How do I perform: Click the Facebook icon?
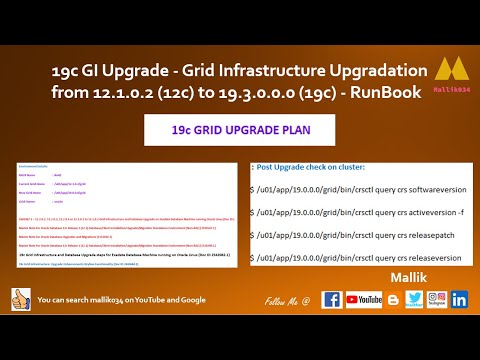pyautogui.click(x=331, y=299)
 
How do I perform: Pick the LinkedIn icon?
pyautogui.click(x=459, y=299)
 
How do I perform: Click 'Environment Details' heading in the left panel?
pyautogui.click(x=31, y=164)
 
